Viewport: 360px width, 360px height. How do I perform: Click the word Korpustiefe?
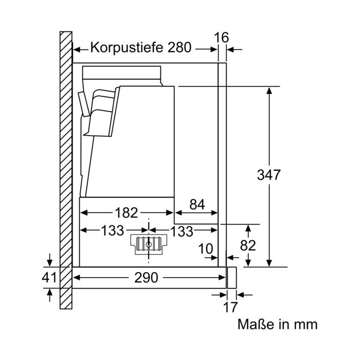(x=127, y=48)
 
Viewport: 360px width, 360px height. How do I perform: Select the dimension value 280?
(x=179, y=47)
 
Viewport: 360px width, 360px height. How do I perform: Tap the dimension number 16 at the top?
(x=222, y=38)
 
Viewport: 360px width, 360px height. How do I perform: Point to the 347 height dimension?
(x=268, y=175)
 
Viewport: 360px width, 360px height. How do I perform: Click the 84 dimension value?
(x=197, y=204)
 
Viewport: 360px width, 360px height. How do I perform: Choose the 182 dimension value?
(x=127, y=212)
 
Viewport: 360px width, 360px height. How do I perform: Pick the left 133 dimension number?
(x=113, y=230)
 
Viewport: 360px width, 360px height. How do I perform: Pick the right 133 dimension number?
(x=182, y=231)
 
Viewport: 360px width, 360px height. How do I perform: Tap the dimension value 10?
(x=206, y=249)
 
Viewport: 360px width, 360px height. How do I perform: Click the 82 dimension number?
(x=248, y=245)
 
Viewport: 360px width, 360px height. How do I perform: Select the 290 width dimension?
(x=146, y=278)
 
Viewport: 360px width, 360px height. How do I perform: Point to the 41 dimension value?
(x=49, y=277)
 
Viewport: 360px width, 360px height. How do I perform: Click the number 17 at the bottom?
(x=231, y=307)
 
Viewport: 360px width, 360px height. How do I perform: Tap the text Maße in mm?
(x=277, y=325)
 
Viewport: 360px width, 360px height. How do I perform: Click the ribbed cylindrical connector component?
(x=149, y=244)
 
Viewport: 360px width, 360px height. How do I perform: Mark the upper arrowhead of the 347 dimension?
(x=269, y=91)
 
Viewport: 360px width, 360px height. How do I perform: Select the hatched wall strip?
(x=66, y=170)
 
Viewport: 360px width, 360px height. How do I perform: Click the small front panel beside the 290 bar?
(x=231, y=278)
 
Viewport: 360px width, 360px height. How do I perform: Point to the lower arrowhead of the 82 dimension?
(x=248, y=263)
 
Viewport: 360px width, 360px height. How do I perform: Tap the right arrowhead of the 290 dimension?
(x=222, y=278)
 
